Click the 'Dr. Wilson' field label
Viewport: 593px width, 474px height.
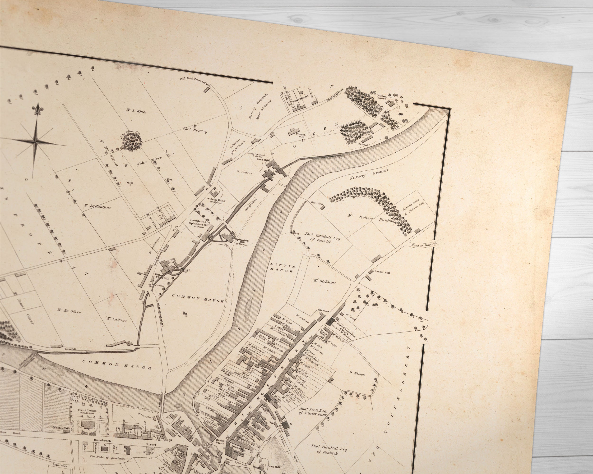pyautogui.click(x=357, y=374)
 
